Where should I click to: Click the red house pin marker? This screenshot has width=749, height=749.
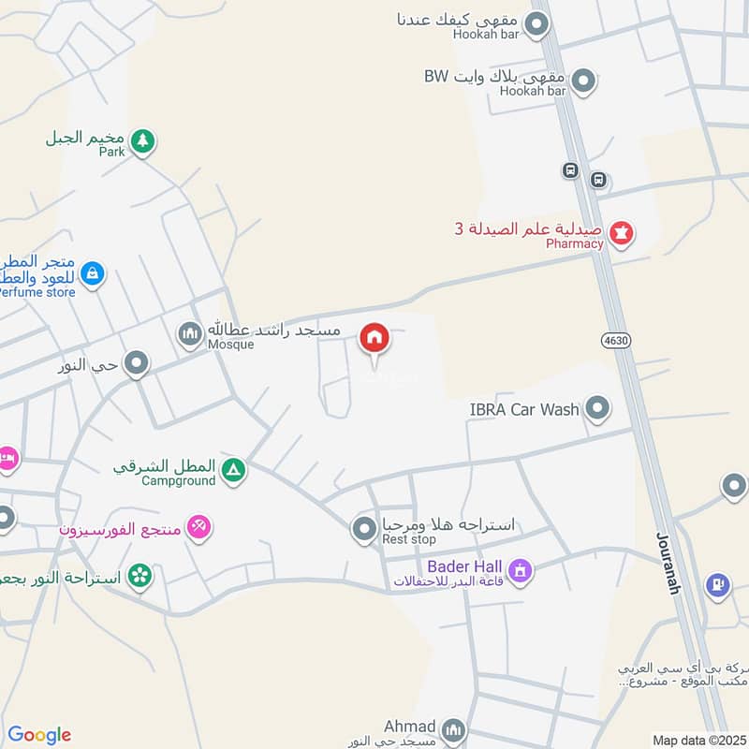pos(374,338)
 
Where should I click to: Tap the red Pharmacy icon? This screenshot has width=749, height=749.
pos(621,231)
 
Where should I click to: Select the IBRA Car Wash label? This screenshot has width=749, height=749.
pos(524,409)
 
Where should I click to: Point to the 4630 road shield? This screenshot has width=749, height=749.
pos(616,341)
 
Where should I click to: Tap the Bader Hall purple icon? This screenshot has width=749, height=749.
pos(520,569)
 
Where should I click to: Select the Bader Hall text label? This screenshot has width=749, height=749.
pos(465,566)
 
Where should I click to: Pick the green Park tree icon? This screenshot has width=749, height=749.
pos(142,141)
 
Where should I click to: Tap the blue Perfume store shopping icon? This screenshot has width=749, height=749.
pos(92,273)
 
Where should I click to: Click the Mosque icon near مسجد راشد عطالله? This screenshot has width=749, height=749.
pos(190,333)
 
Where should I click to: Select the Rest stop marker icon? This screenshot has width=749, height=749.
pos(364,530)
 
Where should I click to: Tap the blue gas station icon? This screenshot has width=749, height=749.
pos(718,585)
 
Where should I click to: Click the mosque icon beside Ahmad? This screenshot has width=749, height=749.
pos(453,729)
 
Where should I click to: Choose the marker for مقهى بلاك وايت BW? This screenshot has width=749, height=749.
pos(584,81)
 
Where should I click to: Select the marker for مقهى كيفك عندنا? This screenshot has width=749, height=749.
pos(536,24)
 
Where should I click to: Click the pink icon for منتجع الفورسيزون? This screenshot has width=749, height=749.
pos(198,528)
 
